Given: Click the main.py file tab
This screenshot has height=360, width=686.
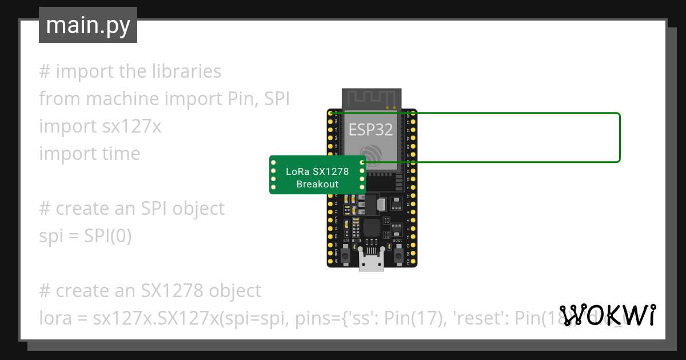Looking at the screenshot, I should [x=88, y=25].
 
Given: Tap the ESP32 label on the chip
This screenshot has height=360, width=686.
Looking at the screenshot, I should [x=371, y=130].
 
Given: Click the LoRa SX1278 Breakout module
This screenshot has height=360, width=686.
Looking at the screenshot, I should [x=317, y=175].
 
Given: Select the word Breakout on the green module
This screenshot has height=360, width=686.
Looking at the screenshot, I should [x=317, y=184].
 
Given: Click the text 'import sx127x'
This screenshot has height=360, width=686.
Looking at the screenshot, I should [x=100, y=126].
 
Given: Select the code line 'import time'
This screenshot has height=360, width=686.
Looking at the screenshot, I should [x=89, y=154].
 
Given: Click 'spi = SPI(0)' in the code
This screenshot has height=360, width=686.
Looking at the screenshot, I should [x=85, y=236].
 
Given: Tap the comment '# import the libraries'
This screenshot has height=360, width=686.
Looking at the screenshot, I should [x=130, y=71].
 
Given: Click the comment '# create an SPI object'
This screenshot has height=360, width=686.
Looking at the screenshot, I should [x=131, y=209].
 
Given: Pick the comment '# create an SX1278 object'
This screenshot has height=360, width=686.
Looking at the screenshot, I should [x=150, y=291].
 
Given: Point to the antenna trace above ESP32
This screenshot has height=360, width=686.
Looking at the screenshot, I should [x=371, y=98].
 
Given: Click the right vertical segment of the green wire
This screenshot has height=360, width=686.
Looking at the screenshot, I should [x=620, y=138].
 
